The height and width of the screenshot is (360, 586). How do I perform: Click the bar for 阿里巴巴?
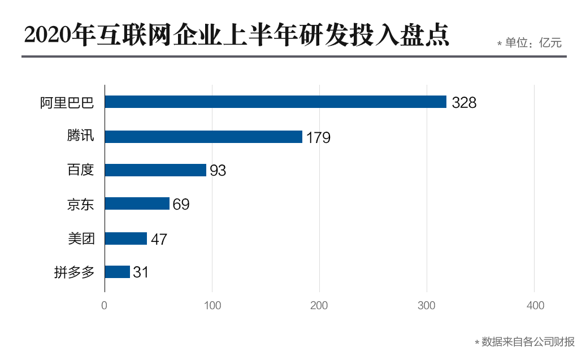tap(276, 102)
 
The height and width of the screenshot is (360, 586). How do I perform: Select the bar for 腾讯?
tap(203, 136)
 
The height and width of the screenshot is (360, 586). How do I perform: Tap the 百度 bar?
tap(155, 170)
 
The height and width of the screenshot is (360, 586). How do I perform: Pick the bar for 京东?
tap(137, 203)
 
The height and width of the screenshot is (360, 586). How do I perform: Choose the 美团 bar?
tap(126, 238)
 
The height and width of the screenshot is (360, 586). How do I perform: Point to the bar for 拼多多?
tap(118, 272)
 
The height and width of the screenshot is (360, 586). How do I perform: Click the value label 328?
tap(464, 103)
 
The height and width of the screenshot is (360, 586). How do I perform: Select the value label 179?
tap(318, 137)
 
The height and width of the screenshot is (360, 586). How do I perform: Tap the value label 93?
tap(218, 171)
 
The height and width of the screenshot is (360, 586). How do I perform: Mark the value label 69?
tap(181, 205)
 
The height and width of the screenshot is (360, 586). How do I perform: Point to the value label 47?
tap(159, 239)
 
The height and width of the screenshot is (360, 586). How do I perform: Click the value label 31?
tap(141, 272)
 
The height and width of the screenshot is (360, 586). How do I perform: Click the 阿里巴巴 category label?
tap(67, 102)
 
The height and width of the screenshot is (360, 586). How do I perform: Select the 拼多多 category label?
tap(73, 272)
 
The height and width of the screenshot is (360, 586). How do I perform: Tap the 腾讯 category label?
tap(80, 136)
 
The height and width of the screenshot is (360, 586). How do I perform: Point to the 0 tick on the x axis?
tap(105, 306)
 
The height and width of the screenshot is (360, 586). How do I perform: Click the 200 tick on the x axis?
tap(319, 306)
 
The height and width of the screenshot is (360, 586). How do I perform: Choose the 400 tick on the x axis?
tap(535, 306)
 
